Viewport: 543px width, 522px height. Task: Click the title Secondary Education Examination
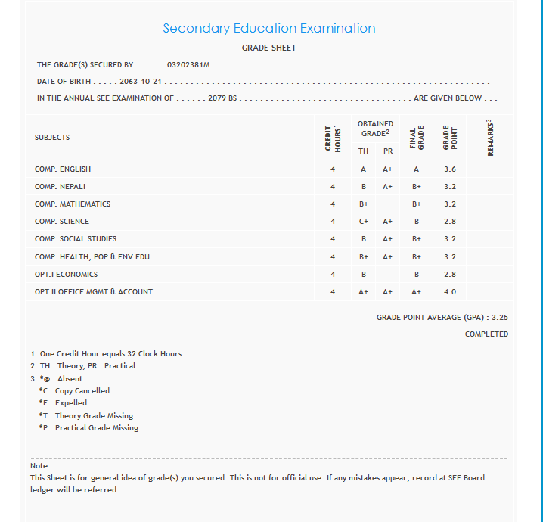coord(269,29)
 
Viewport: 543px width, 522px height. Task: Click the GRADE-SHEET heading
coord(269,48)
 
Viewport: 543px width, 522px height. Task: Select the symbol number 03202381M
coord(188,65)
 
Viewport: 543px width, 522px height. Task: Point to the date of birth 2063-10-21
coord(142,82)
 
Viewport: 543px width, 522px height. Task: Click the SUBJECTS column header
coord(52,138)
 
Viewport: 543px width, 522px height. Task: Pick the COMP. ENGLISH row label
coord(63,169)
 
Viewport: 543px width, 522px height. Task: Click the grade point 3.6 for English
coord(450,169)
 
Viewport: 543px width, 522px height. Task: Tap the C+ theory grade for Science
coord(364,222)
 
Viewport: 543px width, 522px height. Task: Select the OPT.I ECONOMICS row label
coord(66,275)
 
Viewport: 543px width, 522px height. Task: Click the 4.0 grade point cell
coord(450,292)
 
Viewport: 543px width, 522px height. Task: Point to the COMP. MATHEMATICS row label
coord(73,204)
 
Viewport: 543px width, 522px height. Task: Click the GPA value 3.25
coord(500,318)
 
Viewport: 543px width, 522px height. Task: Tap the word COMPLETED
coord(486,334)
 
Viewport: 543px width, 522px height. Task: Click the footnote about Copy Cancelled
coord(74,391)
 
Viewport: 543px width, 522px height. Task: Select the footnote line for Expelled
coord(63,403)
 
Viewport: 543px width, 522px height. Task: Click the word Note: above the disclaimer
coord(40,465)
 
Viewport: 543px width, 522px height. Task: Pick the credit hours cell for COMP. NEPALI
coord(333,187)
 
